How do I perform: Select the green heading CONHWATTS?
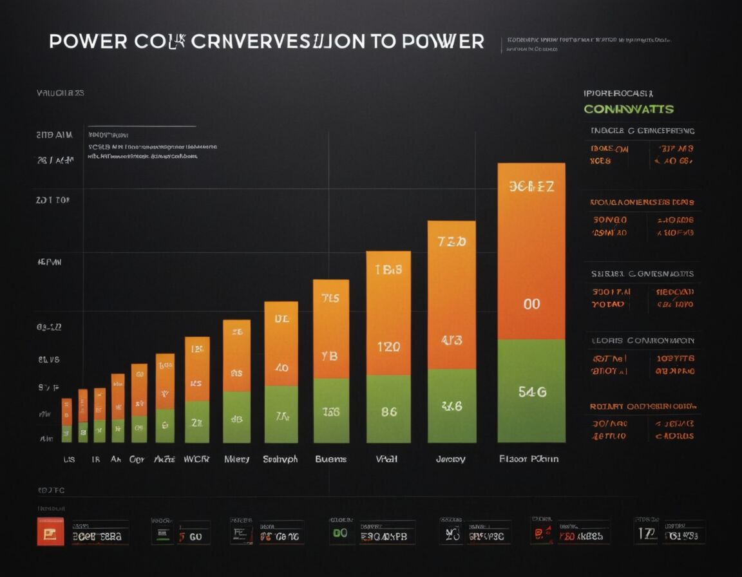coord(628,109)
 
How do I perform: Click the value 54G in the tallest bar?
coord(531,392)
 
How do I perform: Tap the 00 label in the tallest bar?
coord(531,304)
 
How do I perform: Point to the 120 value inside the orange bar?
coord(388,347)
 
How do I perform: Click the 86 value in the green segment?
coord(388,411)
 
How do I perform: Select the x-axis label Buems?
coord(330,459)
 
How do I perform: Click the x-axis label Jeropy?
coord(450,459)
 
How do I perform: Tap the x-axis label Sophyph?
coord(281,459)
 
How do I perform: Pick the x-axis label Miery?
coord(236,459)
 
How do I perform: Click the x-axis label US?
coord(68,459)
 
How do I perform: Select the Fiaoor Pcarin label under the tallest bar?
coord(529,459)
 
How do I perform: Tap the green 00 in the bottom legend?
coord(339,533)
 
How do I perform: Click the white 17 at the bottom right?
coord(646,533)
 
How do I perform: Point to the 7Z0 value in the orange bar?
coord(452,242)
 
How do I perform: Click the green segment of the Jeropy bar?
coord(452,406)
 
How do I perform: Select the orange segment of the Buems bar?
coord(330,328)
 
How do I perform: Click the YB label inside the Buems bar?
coord(330,355)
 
